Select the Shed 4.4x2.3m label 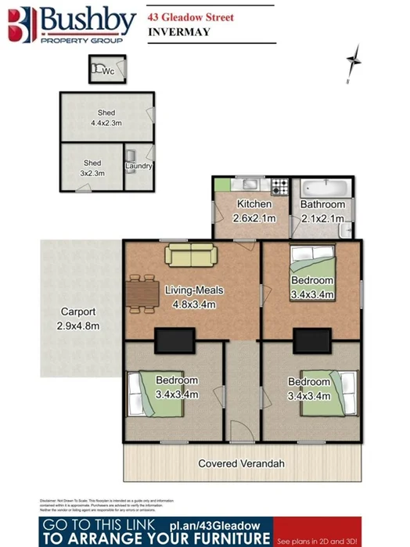tap(106, 118)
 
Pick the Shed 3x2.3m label tap(92, 168)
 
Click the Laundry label tap(138, 166)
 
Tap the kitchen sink tap(252, 186)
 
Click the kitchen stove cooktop tap(279, 188)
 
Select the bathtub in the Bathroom tap(323, 189)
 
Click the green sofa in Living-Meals tap(189, 254)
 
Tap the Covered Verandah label tap(242, 463)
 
